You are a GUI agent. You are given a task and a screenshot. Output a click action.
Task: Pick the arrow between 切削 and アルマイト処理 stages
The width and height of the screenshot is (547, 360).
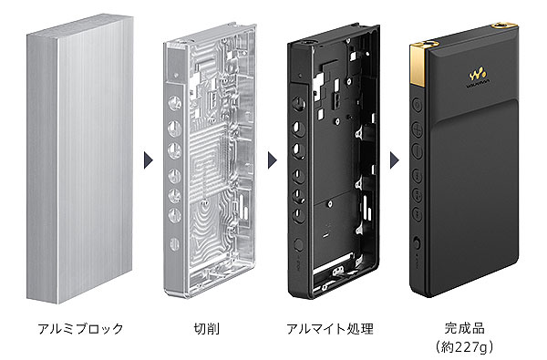272,160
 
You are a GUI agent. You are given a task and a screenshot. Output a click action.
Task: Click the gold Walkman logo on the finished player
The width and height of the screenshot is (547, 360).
477,73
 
